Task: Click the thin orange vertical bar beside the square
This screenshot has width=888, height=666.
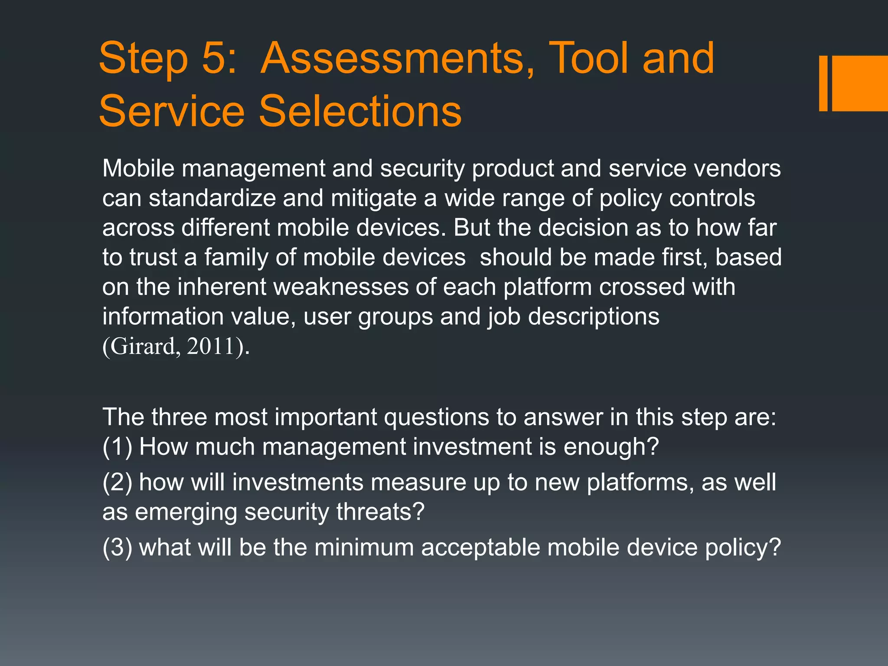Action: click(x=823, y=83)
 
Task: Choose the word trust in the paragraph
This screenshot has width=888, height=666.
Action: click(x=153, y=258)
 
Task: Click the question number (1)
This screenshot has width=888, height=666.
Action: click(x=117, y=447)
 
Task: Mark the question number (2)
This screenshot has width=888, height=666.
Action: click(x=117, y=482)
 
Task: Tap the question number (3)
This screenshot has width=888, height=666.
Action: click(x=117, y=547)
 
